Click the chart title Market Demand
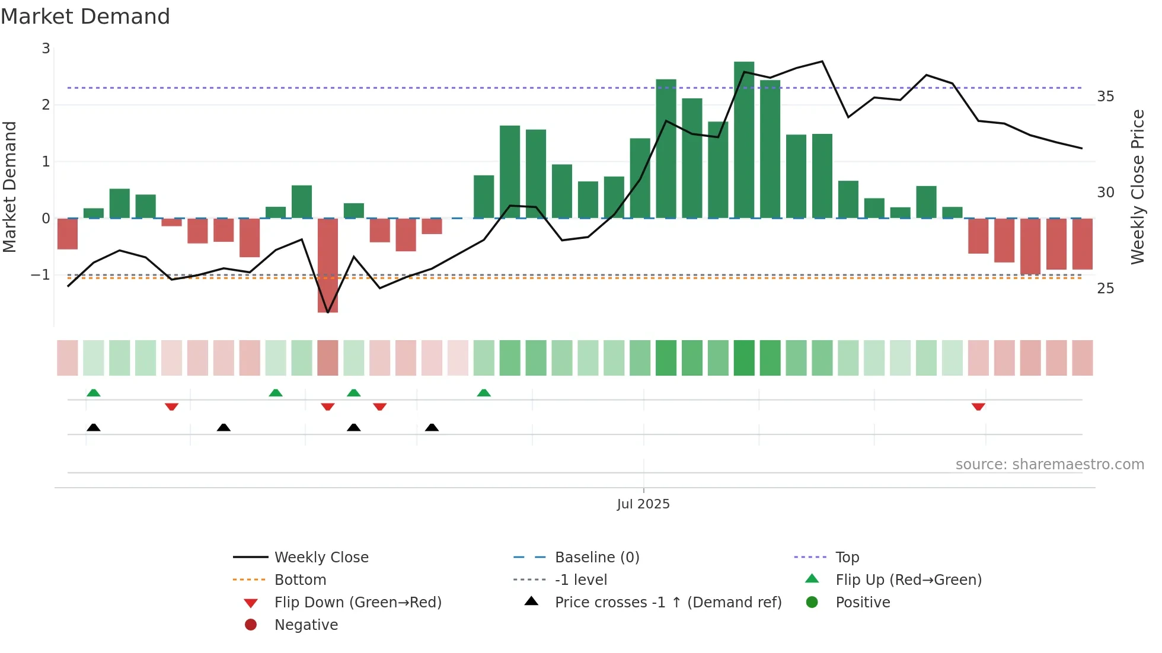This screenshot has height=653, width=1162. click(x=85, y=17)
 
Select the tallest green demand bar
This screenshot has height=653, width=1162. click(x=744, y=139)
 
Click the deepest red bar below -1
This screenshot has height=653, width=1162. click(x=328, y=265)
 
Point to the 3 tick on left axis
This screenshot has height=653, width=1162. click(x=46, y=49)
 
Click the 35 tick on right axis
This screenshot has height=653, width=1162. click(x=1105, y=97)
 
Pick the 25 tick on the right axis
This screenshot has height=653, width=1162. click(x=1105, y=289)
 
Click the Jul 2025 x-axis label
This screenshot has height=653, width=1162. click(x=643, y=504)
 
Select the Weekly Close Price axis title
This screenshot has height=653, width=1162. click(x=1137, y=187)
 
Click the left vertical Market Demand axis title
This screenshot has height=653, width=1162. click(x=9, y=187)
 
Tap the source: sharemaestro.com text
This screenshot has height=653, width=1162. click(x=1049, y=465)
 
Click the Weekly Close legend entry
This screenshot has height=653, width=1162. click(x=321, y=558)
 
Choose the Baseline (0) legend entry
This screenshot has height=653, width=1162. click(x=596, y=558)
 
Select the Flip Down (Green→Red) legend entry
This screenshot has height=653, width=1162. click(x=357, y=603)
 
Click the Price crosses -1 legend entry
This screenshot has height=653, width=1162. click(x=668, y=603)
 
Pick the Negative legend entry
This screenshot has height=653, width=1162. click(x=306, y=625)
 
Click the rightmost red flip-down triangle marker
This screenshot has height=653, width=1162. click(x=978, y=406)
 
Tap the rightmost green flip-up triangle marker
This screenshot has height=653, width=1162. click(x=484, y=393)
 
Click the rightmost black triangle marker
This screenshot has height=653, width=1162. click(x=432, y=427)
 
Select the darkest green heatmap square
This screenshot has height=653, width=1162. click(x=744, y=358)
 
